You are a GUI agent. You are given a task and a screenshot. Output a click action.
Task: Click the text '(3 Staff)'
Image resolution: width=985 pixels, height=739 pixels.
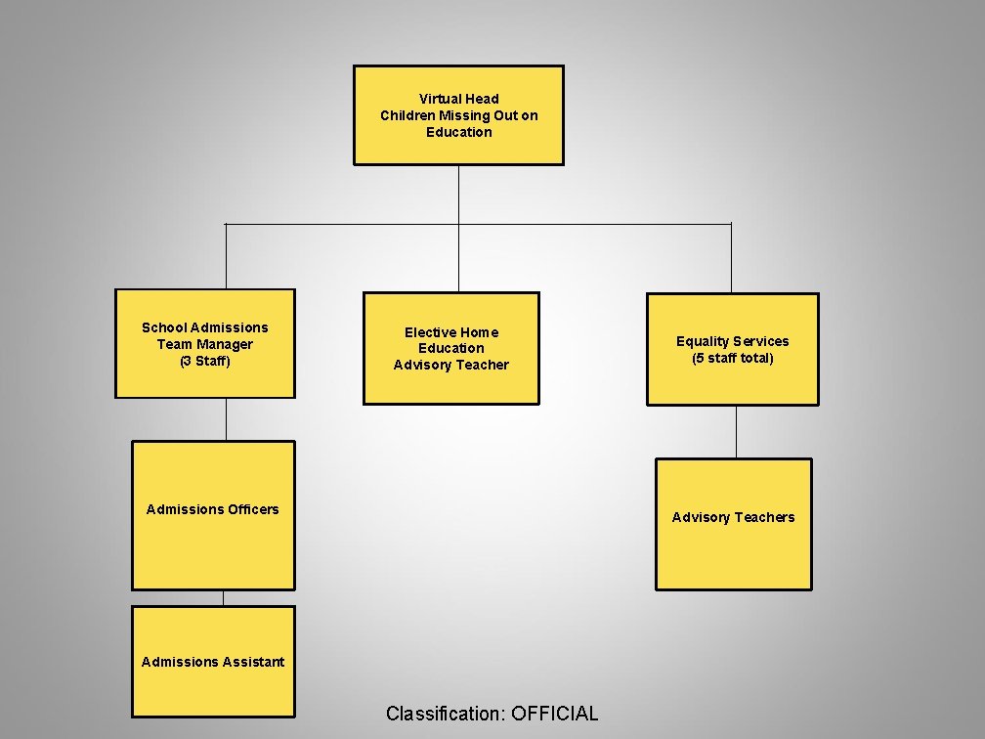point(204,361)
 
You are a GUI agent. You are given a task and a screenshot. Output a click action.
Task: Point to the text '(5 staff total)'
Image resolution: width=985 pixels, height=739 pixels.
point(732,358)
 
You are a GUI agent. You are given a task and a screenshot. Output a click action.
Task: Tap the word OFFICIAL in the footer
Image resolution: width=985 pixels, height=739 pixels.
point(554,714)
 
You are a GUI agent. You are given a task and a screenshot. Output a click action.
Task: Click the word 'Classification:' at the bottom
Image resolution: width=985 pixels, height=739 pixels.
point(443,714)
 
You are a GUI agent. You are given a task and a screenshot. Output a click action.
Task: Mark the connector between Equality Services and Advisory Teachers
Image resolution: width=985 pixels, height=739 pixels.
point(736,431)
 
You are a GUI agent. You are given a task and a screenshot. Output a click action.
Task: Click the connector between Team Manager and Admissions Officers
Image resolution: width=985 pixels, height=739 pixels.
point(226,419)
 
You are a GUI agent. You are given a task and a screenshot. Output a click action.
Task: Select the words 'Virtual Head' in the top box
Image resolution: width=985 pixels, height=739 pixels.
point(458,99)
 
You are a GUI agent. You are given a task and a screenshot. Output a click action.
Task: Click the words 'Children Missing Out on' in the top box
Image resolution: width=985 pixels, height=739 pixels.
point(458,115)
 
